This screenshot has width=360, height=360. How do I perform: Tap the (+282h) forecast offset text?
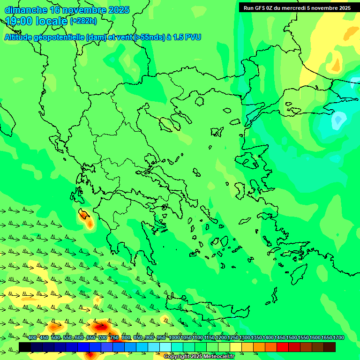click(x=83, y=21)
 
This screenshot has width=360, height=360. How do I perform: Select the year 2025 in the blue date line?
click(x=119, y=10)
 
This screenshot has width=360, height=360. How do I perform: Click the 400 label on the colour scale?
click(x=32, y=338)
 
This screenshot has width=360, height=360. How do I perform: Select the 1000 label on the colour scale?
click(x=174, y=338)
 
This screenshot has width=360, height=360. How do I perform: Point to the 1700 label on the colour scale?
click(x=338, y=338)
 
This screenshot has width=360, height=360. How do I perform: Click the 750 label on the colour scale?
click(x=114, y=338)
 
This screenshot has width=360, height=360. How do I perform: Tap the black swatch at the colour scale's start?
click(x=25, y=347)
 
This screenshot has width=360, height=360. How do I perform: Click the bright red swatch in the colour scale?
click(x=283, y=347)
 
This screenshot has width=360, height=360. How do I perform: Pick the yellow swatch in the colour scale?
click(x=236, y=347)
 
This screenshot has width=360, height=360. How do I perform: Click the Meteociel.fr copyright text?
click(x=199, y=357)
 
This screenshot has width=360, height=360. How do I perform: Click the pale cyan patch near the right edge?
click(x=338, y=121)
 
